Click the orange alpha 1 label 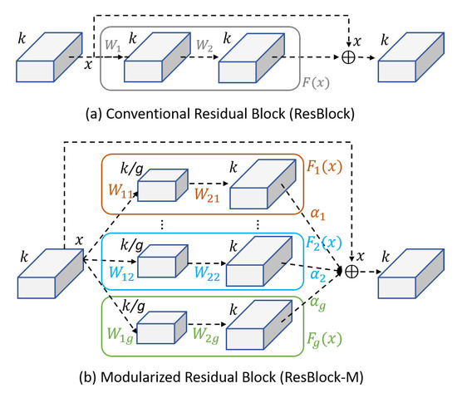[317, 214]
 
